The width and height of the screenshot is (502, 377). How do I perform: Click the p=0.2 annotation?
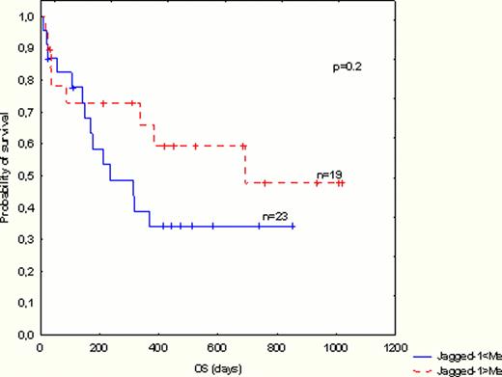pos(348,68)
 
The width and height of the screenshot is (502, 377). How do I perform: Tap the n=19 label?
pos(330,175)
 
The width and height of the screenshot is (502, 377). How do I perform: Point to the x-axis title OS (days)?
pos(215,368)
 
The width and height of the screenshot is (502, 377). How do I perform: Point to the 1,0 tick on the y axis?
pos(26,18)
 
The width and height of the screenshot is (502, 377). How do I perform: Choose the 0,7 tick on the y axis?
pos(26,113)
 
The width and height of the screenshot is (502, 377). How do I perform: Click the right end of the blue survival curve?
pos(293,227)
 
